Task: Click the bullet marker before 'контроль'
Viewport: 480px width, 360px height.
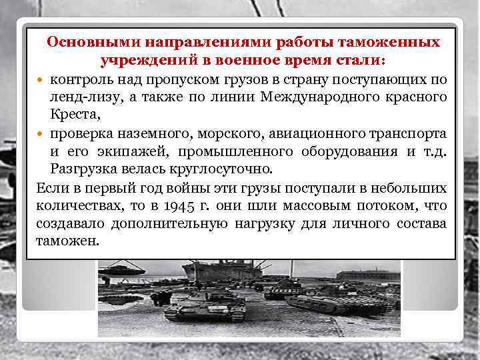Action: click(42, 81)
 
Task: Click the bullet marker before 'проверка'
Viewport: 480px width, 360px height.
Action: click(42, 133)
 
